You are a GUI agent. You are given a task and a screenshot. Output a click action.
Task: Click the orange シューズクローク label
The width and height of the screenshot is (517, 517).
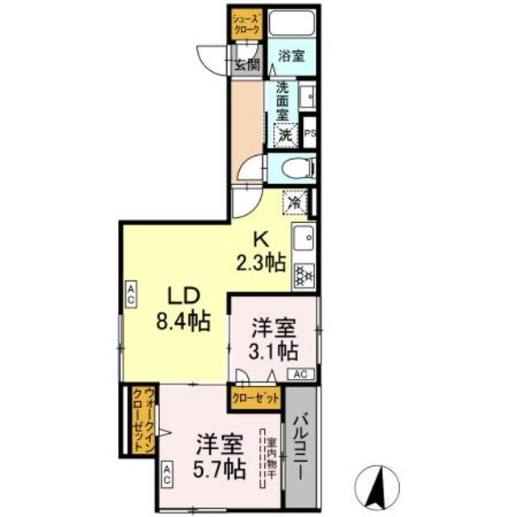pos(246,23)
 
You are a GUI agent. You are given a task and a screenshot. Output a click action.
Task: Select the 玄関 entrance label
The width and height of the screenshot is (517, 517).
pos(247,65)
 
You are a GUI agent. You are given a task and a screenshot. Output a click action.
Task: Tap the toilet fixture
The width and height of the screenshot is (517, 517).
pos(292,169)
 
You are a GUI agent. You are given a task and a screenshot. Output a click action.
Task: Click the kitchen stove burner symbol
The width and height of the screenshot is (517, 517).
pos(304,274)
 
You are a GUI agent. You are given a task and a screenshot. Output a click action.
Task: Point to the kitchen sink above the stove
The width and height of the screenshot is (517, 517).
pos(305,239)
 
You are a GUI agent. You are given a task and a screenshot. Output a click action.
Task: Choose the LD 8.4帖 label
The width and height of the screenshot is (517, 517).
pos(183,309)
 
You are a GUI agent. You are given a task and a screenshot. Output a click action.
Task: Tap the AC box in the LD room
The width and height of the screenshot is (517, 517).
pos(129,293)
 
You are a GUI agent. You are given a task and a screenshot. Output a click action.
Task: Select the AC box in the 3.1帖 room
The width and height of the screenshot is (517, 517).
pos(299,373)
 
